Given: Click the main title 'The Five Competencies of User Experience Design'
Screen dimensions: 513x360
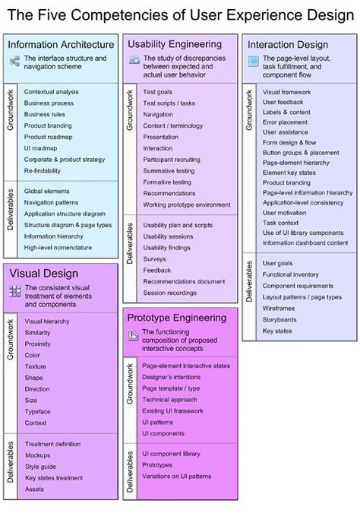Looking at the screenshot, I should coord(179,14).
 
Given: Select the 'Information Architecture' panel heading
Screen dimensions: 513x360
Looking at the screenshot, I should coord(61,45).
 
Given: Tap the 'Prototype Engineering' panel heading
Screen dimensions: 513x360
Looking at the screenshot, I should coord(176,318).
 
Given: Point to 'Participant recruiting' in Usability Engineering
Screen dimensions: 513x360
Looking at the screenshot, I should coord(172,160).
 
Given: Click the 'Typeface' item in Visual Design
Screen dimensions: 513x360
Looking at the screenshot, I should coord(38,412).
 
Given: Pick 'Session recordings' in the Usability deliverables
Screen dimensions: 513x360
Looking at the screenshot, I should coord(170,293).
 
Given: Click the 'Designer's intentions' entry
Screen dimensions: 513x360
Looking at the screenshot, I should coord(171,377).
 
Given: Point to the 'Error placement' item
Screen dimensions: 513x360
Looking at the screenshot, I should coord(286,122).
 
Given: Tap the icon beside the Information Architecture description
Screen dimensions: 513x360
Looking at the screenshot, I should coord(14,61).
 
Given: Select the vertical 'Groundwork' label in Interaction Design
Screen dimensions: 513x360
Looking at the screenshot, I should coord(248,110).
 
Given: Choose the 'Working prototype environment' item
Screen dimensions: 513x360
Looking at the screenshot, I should coord(187,204).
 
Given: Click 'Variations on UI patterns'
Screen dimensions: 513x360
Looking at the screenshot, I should coord(176,477).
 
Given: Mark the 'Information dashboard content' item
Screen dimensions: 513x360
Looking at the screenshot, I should coord(305,243).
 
